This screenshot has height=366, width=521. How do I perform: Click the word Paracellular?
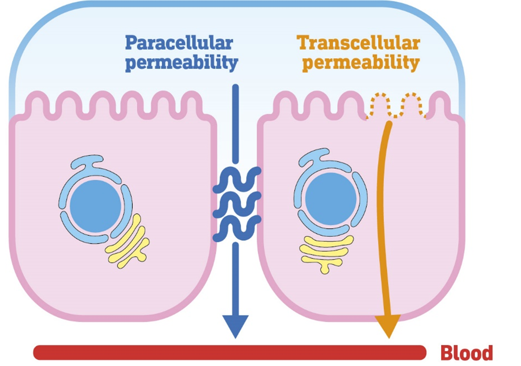point(178,43)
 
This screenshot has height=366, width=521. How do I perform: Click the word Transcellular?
point(358,43)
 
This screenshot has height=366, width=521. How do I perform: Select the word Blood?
point(466,353)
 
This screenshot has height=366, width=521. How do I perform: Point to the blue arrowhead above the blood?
point(235,325)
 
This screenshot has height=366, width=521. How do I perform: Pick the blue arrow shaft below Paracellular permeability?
point(235,122)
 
